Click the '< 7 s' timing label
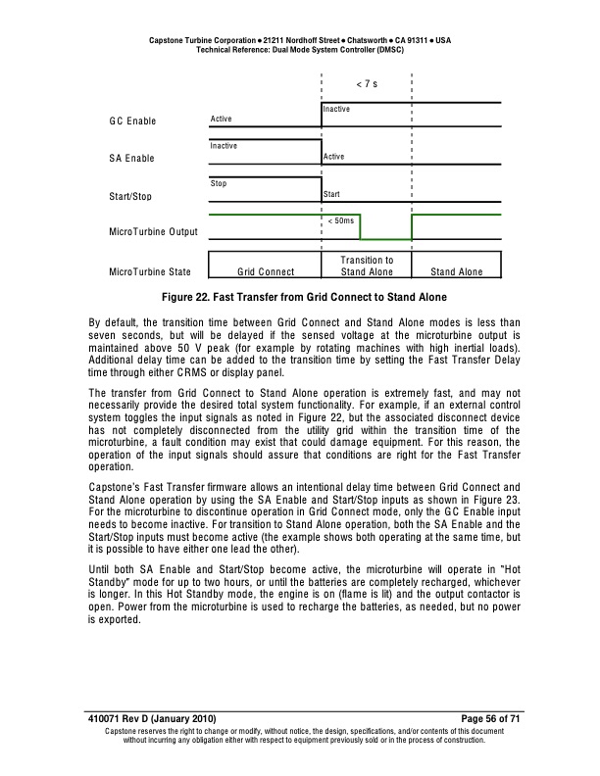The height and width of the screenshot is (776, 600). coord(367,84)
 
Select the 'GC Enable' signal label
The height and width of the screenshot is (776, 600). coord(132,121)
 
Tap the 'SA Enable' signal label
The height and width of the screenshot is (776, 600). coord(132,158)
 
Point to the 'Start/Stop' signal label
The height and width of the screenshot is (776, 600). coord(130,197)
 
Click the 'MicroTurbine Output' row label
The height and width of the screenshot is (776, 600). coord(154,232)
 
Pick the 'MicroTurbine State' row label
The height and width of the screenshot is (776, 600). coord(150,271)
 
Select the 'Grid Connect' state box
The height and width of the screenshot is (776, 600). coord(265,271)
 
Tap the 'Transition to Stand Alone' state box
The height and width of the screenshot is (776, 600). coord(366,266)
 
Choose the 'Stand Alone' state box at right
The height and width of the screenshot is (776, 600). coord(456,271)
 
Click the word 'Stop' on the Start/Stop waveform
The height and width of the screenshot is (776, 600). coord(219,183)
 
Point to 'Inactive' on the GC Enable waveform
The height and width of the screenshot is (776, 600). coord(336,109)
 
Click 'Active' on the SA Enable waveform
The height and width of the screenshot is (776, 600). coord(333,157)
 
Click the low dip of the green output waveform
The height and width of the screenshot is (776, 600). coord(386,239)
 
